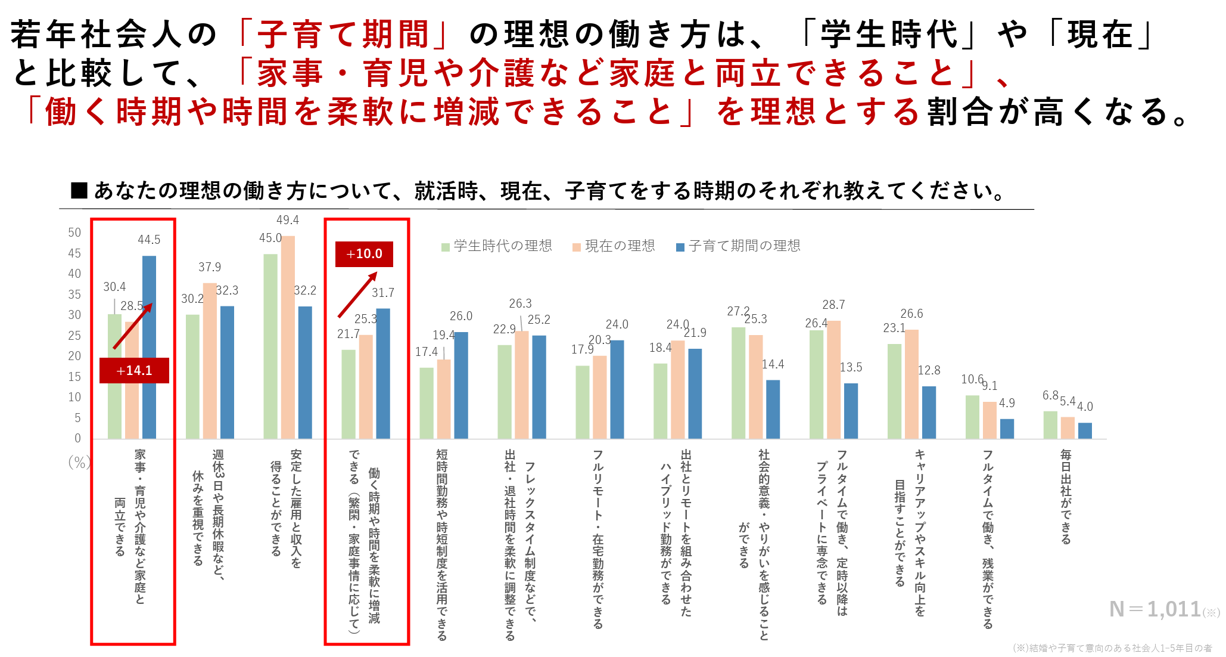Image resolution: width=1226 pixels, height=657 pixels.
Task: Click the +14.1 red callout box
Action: coord(134,370)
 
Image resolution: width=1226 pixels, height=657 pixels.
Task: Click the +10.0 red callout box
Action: coord(364,254)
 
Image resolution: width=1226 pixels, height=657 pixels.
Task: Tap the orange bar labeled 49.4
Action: coord(288,337)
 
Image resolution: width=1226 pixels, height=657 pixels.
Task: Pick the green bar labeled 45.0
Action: coord(270,346)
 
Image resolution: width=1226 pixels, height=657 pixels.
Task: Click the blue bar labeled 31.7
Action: coord(383,373)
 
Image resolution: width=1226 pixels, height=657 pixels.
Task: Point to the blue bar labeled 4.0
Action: coord(1085,430)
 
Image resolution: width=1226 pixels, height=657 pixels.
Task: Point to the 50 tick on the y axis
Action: coord(74,233)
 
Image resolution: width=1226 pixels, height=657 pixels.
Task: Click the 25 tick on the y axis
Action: coord(74,336)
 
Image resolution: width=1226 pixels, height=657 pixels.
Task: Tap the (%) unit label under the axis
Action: coord(79,462)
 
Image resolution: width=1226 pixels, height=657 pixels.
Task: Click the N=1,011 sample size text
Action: coord(1155,609)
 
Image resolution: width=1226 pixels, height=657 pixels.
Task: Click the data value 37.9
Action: coord(210,267)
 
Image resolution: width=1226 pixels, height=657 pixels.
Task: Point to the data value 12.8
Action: coord(929,370)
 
